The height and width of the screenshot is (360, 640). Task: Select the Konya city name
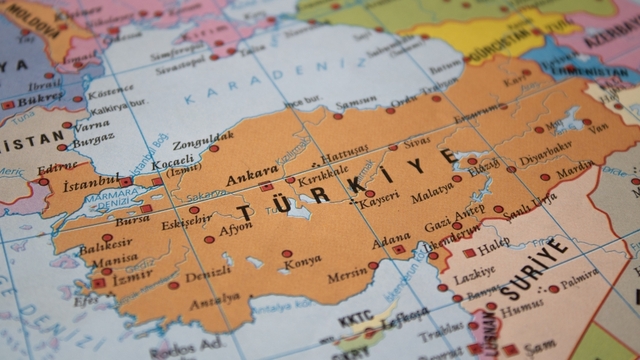[x=301, y=260]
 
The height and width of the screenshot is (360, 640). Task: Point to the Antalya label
[x=215, y=297]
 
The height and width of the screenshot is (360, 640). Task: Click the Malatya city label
[x=432, y=188]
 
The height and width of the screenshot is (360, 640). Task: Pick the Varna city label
[x=92, y=126]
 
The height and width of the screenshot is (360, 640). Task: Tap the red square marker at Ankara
[x=266, y=186]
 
